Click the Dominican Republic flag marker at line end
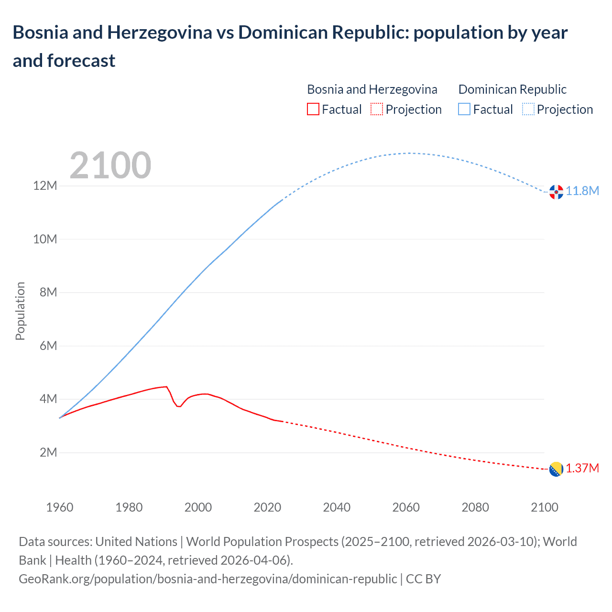point(556,192)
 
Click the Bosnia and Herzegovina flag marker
point(556,469)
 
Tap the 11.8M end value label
point(582,191)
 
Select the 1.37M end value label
point(582,468)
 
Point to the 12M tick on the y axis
point(45,186)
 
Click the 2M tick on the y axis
point(48,452)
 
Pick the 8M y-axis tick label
point(48,292)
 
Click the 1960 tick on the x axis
point(60,507)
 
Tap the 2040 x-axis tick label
point(337,507)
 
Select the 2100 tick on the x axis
point(545,507)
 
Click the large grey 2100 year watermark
point(110,165)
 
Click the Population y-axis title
point(20,311)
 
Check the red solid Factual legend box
point(313,109)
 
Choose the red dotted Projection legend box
point(377,109)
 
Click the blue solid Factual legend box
point(464,109)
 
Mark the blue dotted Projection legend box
point(528,109)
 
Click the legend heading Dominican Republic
point(512,89)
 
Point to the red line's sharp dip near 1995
point(179,406)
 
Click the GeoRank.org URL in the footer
point(208,579)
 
